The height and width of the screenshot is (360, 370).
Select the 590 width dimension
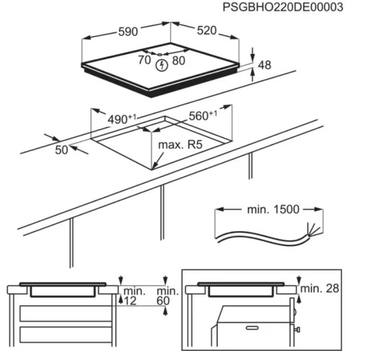tap(128, 32)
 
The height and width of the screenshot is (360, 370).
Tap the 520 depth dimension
tap(206, 31)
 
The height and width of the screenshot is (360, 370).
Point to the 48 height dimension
tap(265, 65)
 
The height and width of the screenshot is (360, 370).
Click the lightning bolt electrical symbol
tap(163, 66)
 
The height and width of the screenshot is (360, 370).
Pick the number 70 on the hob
tap(145, 60)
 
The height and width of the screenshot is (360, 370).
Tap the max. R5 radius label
tap(180, 145)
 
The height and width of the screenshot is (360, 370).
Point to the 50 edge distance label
tap(61, 150)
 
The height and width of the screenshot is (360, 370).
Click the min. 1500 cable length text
tap(273, 210)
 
